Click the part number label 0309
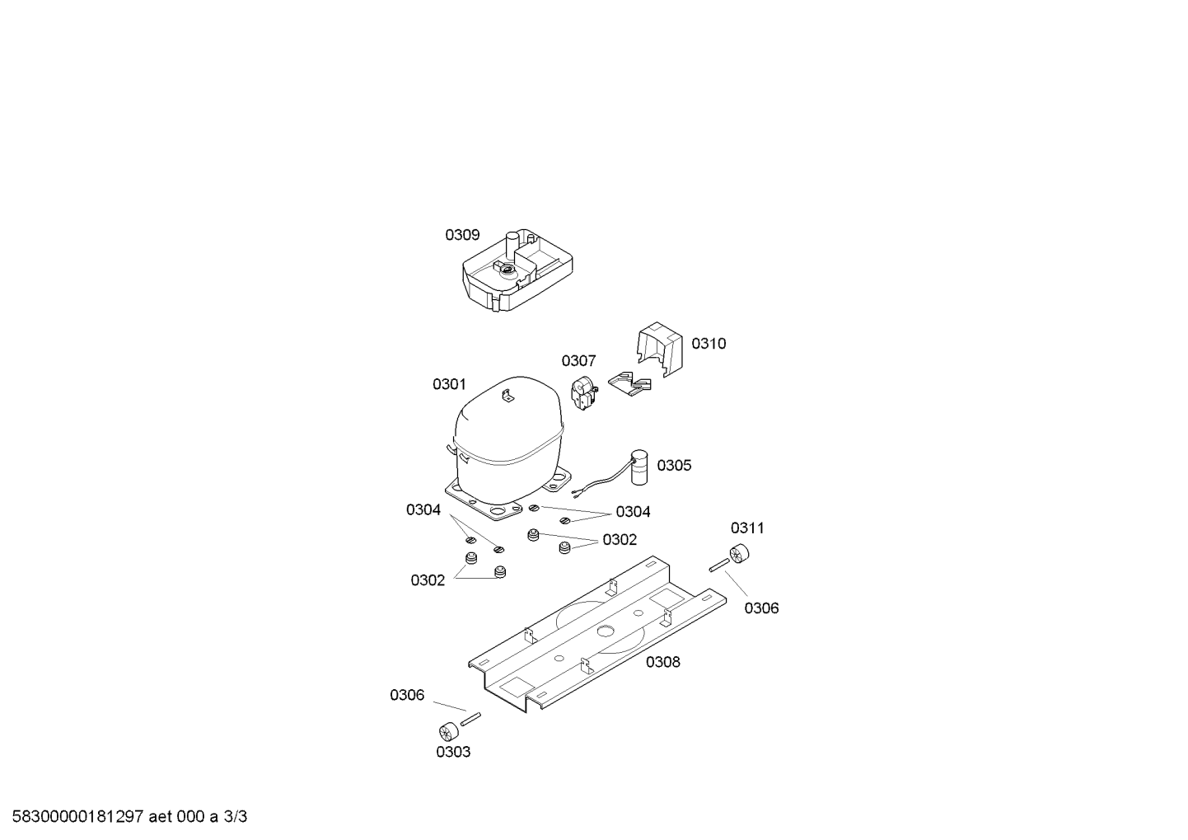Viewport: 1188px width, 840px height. [462, 235]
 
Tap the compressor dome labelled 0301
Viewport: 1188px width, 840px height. [508, 440]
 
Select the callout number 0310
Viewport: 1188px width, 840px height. [709, 344]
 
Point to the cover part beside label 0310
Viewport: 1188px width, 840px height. [659, 350]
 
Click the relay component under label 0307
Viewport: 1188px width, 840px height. [583, 394]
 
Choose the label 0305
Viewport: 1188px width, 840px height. [674, 466]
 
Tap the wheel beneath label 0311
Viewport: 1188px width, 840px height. [738, 554]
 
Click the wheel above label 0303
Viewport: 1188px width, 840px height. [449, 732]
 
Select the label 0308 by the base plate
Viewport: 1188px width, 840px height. [663, 662]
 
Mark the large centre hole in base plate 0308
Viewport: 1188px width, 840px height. [606, 631]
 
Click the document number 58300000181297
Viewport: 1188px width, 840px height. [78, 817]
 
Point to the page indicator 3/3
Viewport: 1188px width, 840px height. [236, 817]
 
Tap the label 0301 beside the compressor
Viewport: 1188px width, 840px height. [449, 384]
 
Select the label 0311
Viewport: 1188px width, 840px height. [747, 528]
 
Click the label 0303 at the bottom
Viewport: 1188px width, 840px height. [453, 752]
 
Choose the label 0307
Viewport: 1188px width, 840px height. [578, 361]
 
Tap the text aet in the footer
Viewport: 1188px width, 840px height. [160, 817]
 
